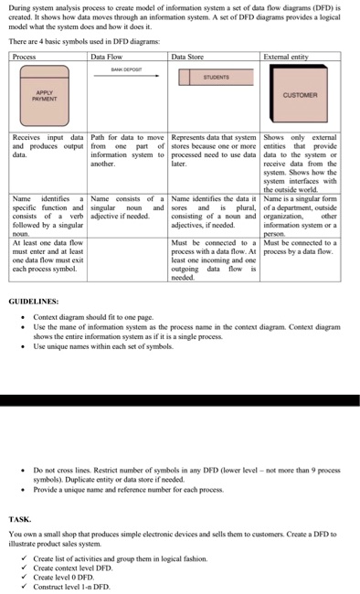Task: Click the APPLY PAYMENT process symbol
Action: pos(44,95)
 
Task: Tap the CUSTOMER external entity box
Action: pos(301,94)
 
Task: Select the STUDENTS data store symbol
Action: pos(216,77)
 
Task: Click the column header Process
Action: pos(26,57)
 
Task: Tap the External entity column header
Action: pos(286,57)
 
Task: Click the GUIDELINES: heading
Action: pos(33,300)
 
